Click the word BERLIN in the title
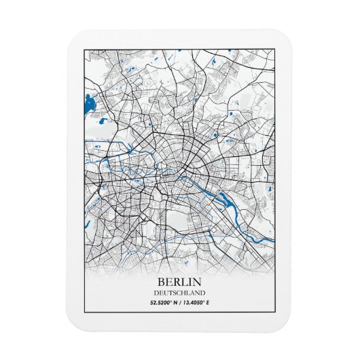[179, 281]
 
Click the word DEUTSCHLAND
[179, 292]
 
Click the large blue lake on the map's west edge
[88, 105]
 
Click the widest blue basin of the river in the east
[224, 198]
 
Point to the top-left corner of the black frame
[84, 50]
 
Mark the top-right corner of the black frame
[274, 50]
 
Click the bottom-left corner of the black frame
[84, 310]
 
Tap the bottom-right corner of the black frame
[274, 310]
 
